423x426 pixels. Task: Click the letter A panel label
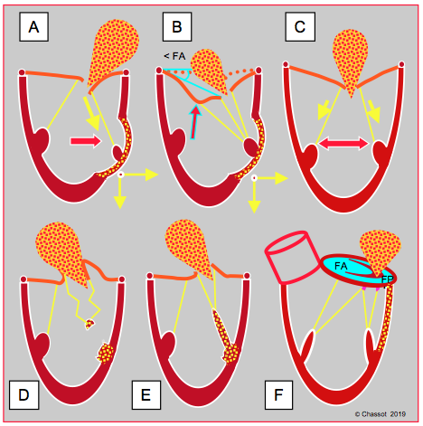point(33,27)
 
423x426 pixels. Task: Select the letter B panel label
point(177,27)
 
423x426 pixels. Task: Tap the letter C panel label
point(300,27)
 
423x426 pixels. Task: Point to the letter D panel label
point(24,394)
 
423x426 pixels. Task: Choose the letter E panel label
point(146,394)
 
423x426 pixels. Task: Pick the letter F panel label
point(278,394)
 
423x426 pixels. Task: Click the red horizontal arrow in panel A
point(86,141)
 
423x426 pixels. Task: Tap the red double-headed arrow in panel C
point(343,143)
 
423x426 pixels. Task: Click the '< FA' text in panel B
point(174,56)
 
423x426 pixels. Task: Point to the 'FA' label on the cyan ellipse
point(341,266)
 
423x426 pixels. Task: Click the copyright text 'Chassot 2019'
point(381,414)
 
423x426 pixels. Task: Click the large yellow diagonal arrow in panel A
point(92,114)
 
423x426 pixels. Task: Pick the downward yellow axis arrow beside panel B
point(254,196)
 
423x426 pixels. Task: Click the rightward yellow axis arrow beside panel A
point(140,175)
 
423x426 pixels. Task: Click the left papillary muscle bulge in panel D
point(43,345)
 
